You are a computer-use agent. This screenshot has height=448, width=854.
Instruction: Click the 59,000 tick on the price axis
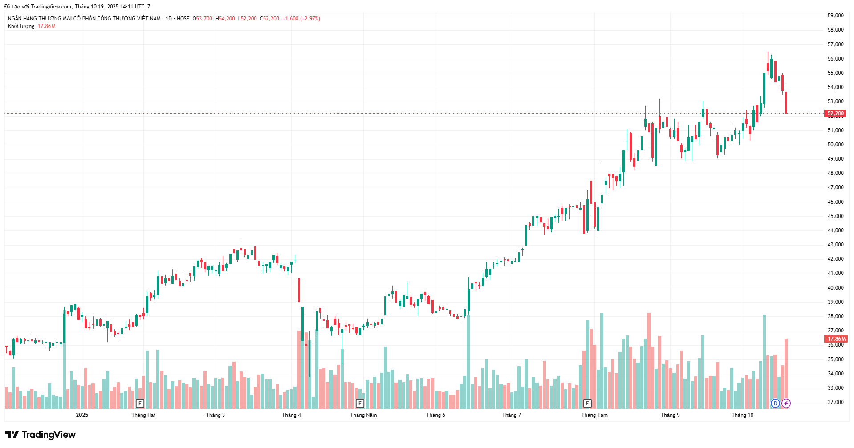click(x=835, y=16)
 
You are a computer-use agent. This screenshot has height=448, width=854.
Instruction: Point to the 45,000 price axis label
click(x=835, y=216)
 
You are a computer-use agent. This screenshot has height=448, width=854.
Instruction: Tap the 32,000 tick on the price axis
click(x=835, y=402)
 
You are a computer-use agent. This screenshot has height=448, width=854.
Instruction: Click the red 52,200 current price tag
click(x=835, y=113)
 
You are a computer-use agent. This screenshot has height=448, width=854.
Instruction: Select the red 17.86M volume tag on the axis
click(x=836, y=339)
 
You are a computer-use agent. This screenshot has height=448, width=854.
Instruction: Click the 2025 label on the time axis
click(x=82, y=415)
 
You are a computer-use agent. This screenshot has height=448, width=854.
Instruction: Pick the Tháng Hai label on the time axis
click(x=143, y=415)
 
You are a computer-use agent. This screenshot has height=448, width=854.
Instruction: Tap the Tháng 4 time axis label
click(x=291, y=415)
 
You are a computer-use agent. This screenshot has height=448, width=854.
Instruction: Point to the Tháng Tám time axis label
click(x=594, y=415)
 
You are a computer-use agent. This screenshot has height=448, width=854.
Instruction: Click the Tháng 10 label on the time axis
click(x=742, y=415)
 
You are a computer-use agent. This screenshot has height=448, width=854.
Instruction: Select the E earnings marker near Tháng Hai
click(x=140, y=404)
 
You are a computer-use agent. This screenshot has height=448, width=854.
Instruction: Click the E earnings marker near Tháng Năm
click(x=360, y=404)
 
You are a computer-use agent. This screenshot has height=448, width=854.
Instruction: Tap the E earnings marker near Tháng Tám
click(x=587, y=404)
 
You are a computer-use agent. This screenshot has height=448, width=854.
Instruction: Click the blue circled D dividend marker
click(x=775, y=404)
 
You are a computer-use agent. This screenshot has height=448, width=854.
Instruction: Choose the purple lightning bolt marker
click(x=786, y=404)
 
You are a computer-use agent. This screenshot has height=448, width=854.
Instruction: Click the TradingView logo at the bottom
click(x=41, y=435)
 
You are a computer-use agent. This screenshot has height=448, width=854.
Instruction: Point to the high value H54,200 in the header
click(x=225, y=19)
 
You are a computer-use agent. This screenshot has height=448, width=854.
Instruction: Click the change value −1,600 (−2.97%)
click(x=301, y=19)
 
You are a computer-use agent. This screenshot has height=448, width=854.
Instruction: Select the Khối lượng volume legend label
click(x=21, y=26)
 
